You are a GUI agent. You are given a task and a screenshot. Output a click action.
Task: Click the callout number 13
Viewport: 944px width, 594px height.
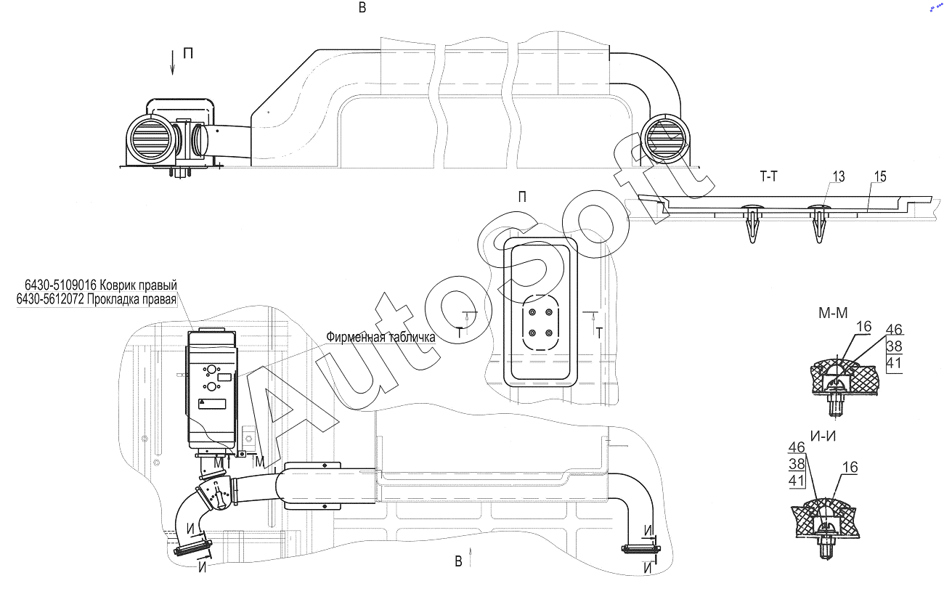point(838,176)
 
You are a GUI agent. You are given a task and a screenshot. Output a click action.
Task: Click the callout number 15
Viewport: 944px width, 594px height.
point(880,176)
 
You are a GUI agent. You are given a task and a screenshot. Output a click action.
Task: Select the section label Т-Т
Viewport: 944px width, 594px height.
point(769,176)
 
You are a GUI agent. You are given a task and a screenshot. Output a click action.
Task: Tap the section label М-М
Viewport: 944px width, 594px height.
point(833,313)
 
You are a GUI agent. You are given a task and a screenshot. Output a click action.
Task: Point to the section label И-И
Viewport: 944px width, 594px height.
point(823,436)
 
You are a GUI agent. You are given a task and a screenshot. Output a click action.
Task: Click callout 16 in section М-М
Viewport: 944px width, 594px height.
point(863,326)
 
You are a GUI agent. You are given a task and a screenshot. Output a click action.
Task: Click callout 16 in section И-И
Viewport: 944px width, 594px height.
point(850,467)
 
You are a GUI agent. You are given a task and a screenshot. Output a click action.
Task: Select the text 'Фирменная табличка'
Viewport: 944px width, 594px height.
point(381,337)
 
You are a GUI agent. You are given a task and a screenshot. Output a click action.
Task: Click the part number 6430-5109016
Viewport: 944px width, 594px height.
point(61,285)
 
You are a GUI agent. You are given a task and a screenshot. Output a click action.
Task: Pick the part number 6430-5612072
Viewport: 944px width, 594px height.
point(51,299)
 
